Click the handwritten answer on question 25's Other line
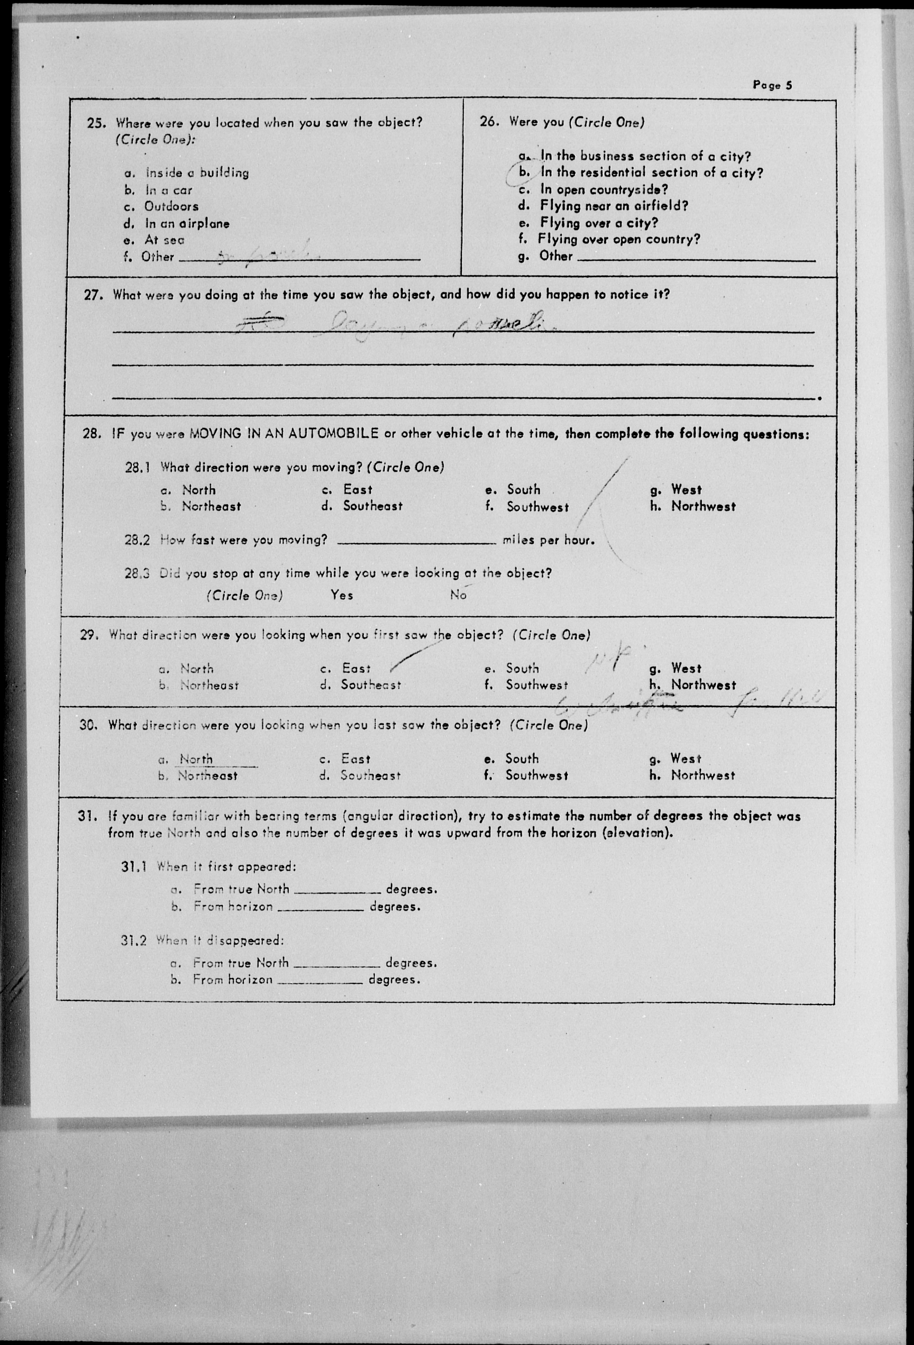tap(266, 255)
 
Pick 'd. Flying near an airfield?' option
tap(614, 205)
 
